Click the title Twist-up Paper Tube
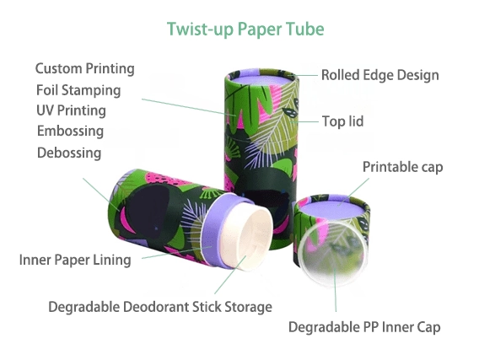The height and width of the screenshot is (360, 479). pos(245,30)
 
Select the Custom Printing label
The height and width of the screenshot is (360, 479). pos(85,68)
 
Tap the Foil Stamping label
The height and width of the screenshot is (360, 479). pos(78,90)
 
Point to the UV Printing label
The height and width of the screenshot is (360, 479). pos(71,110)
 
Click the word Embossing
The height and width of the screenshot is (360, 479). pos(70,131)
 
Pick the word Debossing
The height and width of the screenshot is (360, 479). pos(69,153)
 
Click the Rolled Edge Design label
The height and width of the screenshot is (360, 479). pos(380,75)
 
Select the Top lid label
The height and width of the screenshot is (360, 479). pos(342,121)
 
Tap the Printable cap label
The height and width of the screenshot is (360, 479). pos(402,167)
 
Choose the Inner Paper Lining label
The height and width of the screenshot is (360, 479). pos(75,260)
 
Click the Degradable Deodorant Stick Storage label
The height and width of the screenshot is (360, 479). pos(160,307)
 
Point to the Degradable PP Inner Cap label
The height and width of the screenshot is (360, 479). pos(364,327)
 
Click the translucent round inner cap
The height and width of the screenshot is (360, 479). pos(332,254)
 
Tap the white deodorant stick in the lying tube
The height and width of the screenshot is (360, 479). pos(246,237)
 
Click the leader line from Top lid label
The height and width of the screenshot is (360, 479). pos(304,121)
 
